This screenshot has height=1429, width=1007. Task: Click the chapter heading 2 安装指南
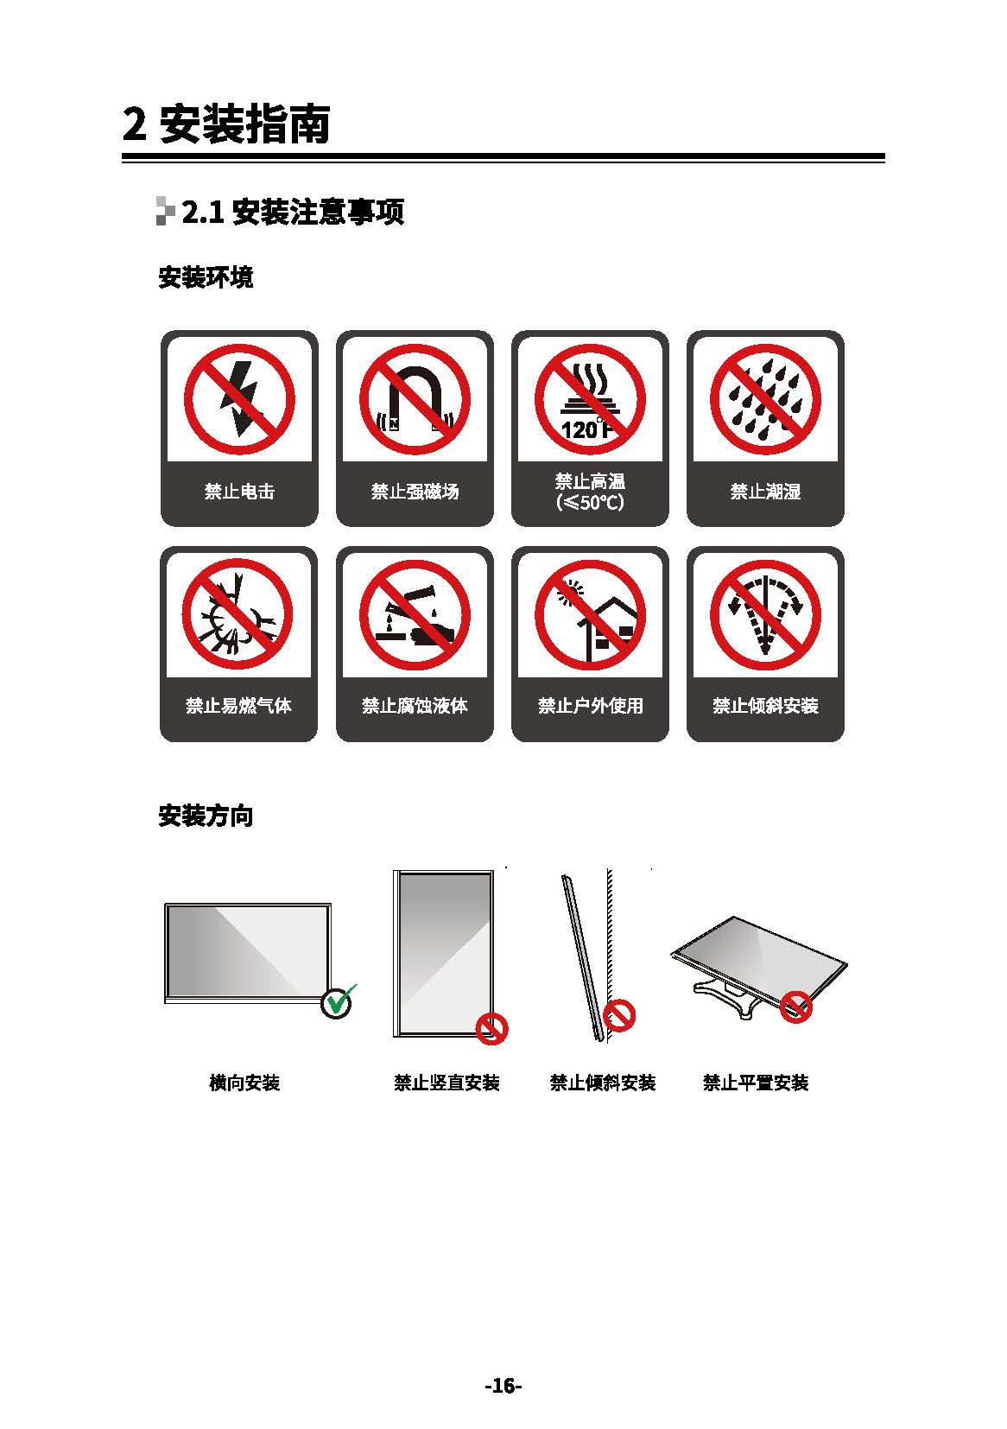pyautogui.click(x=226, y=124)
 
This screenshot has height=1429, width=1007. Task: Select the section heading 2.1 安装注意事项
pyautogui.click(x=293, y=212)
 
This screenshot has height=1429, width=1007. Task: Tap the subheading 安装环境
pyautogui.click(x=206, y=277)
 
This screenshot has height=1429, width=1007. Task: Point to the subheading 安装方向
pyautogui.click(x=206, y=816)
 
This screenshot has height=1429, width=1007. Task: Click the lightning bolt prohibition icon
pyautogui.click(x=239, y=399)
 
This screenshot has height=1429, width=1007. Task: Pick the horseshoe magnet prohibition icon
pyautogui.click(x=415, y=399)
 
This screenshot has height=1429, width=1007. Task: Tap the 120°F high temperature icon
pyautogui.click(x=590, y=399)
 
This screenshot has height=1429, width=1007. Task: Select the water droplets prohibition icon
pyautogui.click(x=765, y=399)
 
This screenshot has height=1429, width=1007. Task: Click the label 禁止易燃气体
pyautogui.click(x=238, y=706)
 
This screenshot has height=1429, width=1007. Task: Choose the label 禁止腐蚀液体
pyautogui.click(x=415, y=706)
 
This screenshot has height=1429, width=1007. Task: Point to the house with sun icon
pyautogui.click(x=590, y=615)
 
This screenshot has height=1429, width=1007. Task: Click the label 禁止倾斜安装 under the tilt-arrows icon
pyautogui.click(x=765, y=706)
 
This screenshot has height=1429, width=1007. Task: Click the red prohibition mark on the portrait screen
pyautogui.click(x=491, y=1028)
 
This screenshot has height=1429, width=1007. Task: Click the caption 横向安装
pyautogui.click(x=244, y=1083)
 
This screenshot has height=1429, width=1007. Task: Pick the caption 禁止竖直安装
pyautogui.click(x=446, y=1083)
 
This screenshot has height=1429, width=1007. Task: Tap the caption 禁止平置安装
pyautogui.click(x=756, y=1083)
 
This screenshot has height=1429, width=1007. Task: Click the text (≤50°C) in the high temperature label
pyautogui.click(x=590, y=502)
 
